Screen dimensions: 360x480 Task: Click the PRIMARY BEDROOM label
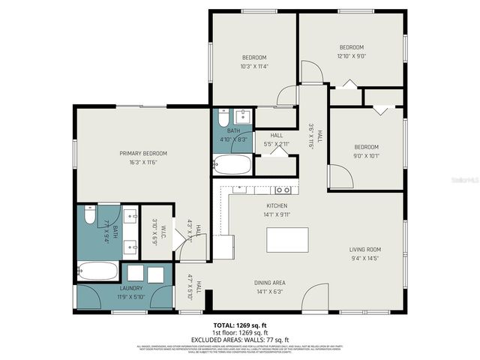143,153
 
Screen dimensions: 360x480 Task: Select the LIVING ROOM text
365,249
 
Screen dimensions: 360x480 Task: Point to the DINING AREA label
269,283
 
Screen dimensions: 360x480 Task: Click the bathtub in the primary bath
97,271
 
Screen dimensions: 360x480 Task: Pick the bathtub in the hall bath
232,164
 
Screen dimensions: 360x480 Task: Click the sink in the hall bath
241,116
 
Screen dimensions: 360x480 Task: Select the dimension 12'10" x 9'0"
351,55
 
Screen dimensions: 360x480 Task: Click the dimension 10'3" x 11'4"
253,65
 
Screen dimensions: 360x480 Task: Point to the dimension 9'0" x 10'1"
367,156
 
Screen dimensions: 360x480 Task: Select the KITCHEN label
277,205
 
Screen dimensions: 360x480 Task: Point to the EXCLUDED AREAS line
239,339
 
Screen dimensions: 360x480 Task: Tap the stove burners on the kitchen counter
282,190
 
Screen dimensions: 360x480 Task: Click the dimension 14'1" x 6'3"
269,291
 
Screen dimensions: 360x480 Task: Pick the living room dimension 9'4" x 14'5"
365,258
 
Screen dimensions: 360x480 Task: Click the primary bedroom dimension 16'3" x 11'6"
143,162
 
